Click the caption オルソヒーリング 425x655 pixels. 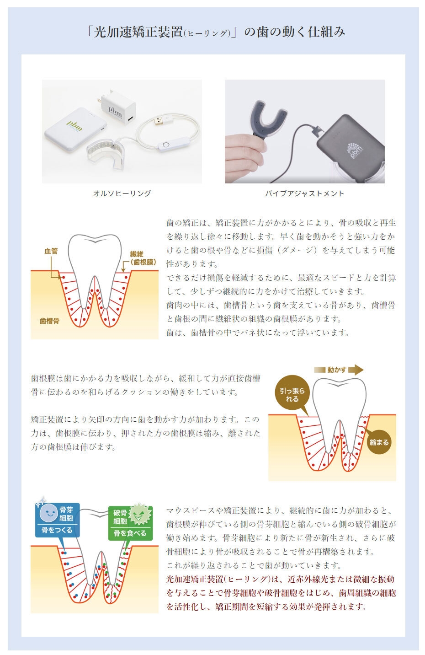122,193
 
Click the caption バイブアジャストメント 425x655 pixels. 304,193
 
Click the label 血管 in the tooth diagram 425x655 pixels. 51,251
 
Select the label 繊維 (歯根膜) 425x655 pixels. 143,258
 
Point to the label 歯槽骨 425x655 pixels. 49,321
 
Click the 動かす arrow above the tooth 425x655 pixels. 339,370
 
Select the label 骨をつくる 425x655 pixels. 57,530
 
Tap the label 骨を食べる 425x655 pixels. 130,533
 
